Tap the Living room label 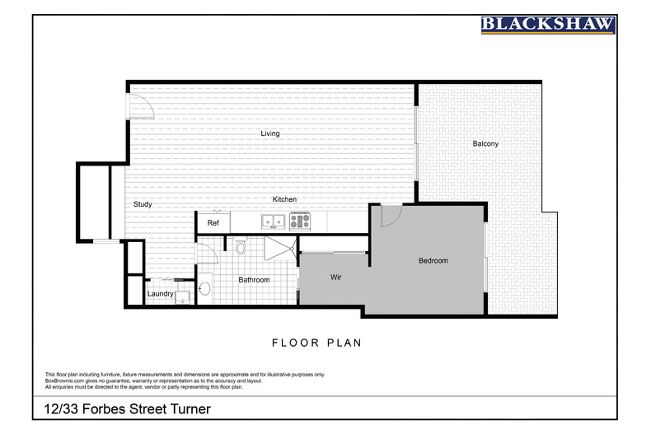(269, 133)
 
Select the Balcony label (485, 144)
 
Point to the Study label (143, 204)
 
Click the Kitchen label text (285, 199)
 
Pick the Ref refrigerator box (213, 222)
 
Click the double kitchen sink (273, 221)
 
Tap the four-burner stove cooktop (298, 221)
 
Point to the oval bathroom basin (205, 288)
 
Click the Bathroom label (254, 280)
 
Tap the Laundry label (160, 294)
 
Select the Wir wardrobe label (336, 278)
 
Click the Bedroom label (433, 261)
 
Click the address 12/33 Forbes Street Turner (127, 408)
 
